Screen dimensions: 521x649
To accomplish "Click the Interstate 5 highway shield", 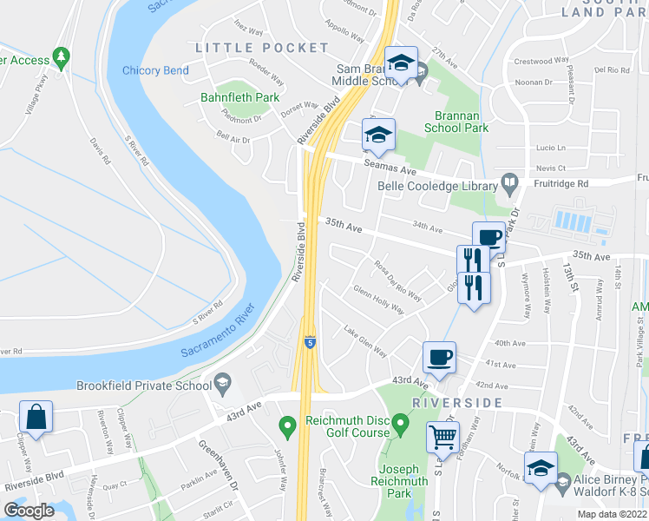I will click(x=310, y=344).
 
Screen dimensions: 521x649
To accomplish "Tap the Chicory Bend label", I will click(x=155, y=70).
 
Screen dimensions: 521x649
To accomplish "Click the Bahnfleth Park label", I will click(x=240, y=97).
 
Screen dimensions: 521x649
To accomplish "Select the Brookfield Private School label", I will click(x=144, y=386).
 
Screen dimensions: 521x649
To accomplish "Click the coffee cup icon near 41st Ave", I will click(x=439, y=356).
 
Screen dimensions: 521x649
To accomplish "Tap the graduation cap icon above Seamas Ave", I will click(x=378, y=135).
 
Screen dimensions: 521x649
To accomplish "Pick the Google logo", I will click(x=29, y=511).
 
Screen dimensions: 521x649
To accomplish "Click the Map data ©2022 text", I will click(x=612, y=514).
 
